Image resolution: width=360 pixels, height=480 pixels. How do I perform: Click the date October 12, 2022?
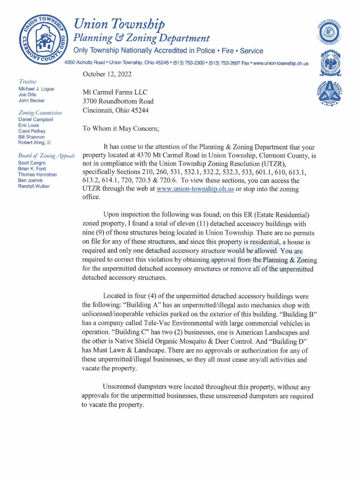click(107, 74)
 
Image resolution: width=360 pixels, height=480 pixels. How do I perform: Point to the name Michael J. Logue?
click(36, 89)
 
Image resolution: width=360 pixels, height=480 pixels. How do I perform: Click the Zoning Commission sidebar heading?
click(40, 112)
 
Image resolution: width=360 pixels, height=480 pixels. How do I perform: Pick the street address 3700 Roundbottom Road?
click(118, 101)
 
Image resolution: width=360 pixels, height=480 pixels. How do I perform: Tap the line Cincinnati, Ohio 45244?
click(117, 110)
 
